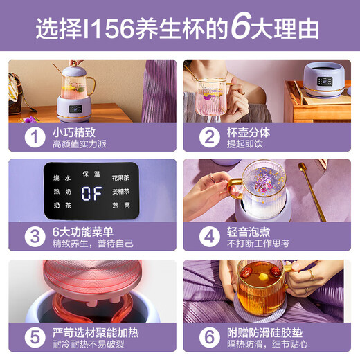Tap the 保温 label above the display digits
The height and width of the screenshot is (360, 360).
pos(92,172)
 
